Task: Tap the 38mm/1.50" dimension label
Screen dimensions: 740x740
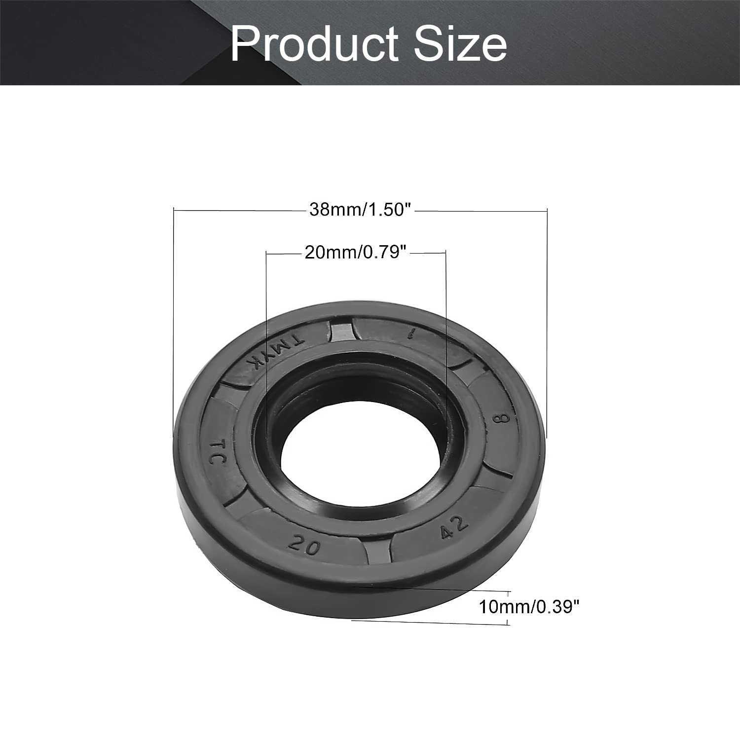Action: (x=360, y=210)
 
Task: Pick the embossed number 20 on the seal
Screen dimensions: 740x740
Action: (x=304, y=545)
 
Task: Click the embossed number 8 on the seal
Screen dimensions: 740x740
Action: (x=501, y=419)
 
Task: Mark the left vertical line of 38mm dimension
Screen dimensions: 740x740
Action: (x=174, y=321)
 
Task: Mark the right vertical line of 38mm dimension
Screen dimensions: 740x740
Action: (x=547, y=321)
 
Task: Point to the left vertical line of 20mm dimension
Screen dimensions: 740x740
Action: (x=266, y=345)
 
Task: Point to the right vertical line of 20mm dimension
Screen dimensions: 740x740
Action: (x=446, y=345)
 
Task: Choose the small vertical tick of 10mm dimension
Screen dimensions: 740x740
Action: (x=509, y=607)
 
